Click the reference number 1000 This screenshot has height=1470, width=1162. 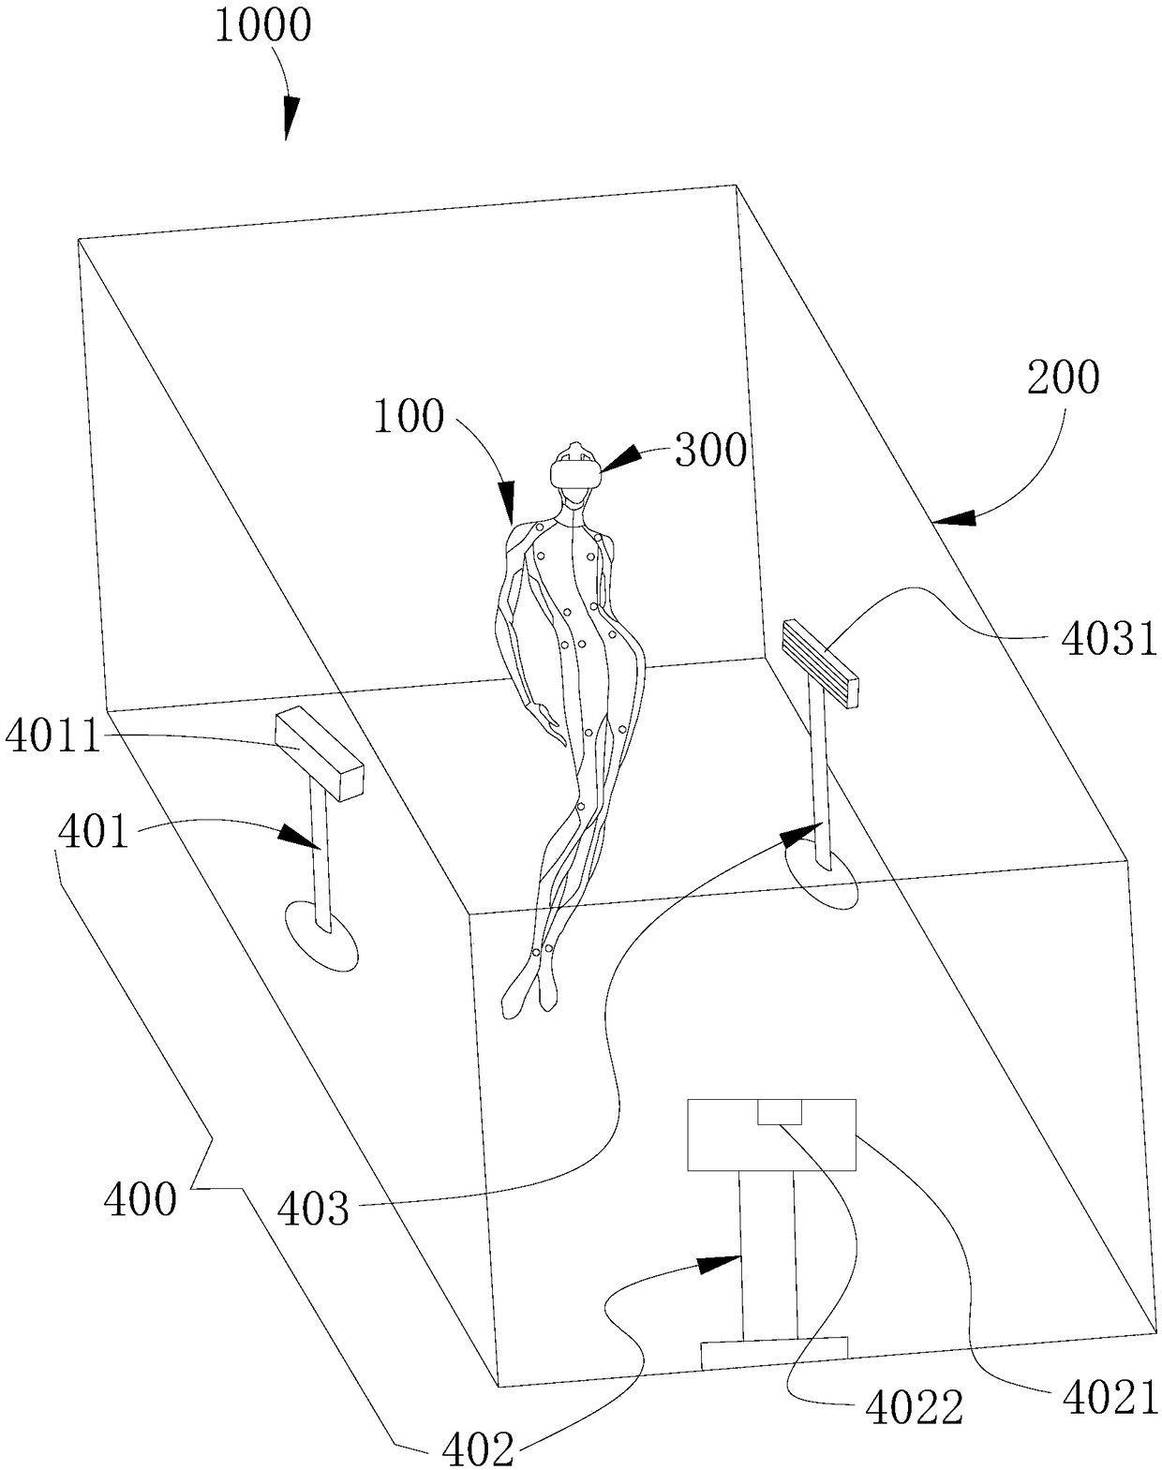coord(263,27)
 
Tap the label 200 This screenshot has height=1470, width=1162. coord(1064,378)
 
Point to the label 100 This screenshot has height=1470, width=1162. coord(409,417)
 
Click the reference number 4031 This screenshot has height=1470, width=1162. coord(1110,639)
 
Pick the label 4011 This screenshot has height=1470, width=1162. coord(52,737)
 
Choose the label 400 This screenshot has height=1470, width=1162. coord(140,1218)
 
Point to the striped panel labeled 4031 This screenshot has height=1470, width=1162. coord(821,662)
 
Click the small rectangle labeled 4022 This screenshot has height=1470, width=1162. coord(780,1111)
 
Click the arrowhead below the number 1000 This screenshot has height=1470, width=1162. coord(291,117)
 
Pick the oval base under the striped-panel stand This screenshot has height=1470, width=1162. coord(821,881)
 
